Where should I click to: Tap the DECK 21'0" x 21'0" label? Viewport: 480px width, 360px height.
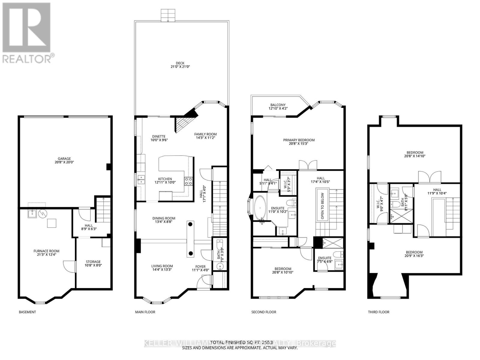pos(180,65)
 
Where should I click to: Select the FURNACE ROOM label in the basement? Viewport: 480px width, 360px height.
pos(46,253)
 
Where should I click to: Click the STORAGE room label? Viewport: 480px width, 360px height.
pos(93,263)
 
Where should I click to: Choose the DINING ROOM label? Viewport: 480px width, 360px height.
pos(163,220)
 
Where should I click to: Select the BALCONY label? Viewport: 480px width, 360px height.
pos(278,106)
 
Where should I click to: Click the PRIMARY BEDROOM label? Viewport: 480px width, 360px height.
pos(299,142)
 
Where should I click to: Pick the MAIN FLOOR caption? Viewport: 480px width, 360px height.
pos(145,312)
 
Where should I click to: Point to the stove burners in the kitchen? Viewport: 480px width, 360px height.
pos(188,181)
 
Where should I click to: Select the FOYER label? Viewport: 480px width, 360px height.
pos(200,268)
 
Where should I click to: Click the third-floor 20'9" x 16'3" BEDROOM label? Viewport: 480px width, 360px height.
pos(414,254)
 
